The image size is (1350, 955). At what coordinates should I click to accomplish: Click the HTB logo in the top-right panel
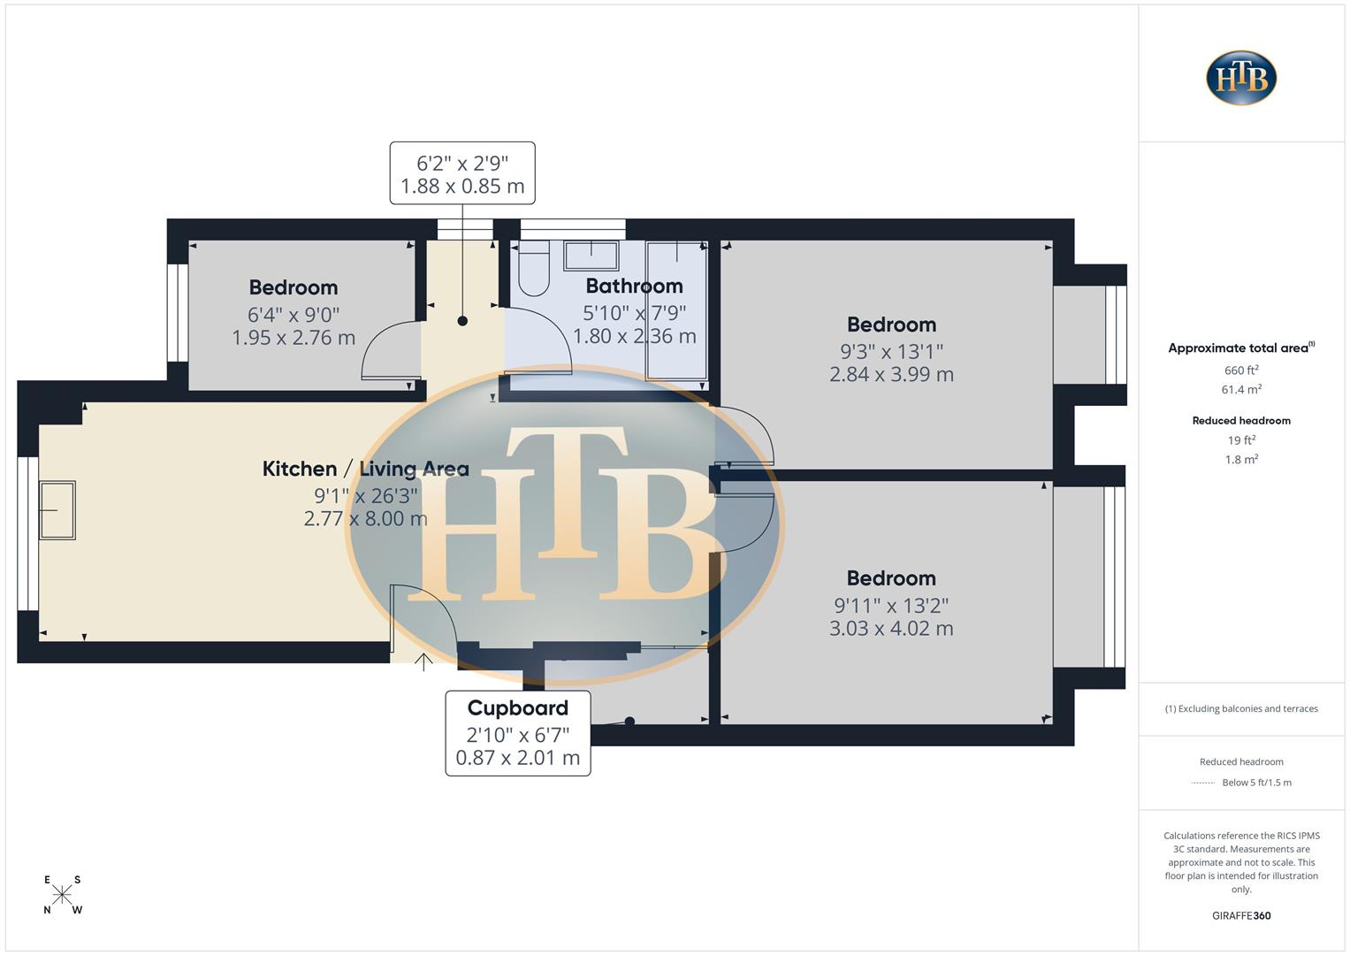pyautogui.click(x=1241, y=78)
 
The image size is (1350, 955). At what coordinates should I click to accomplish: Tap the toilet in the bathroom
pyautogui.click(x=533, y=271)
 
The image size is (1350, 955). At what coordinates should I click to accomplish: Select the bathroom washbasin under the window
pyautogui.click(x=591, y=256)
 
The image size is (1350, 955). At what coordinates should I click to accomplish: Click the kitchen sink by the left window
pyautogui.click(x=57, y=510)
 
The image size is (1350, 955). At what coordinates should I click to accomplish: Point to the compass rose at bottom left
pyautogui.click(x=62, y=894)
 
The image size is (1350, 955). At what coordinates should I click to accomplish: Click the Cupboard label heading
pyautogui.click(x=517, y=708)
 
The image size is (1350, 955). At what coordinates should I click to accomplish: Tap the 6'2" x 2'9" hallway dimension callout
pyautogui.click(x=462, y=174)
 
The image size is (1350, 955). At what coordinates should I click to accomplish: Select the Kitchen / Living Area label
pyautogui.click(x=365, y=469)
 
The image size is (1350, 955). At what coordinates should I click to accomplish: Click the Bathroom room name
pyautogui.click(x=634, y=286)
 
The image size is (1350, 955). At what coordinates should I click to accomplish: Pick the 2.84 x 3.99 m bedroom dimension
pyautogui.click(x=891, y=374)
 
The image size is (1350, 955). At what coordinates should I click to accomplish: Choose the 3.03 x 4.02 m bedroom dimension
pyautogui.click(x=891, y=629)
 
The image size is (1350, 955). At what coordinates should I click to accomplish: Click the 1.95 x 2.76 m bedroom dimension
pyautogui.click(x=294, y=338)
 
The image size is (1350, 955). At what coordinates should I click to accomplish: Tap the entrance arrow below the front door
pyautogui.click(x=423, y=661)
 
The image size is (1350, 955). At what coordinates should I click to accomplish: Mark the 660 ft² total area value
pyautogui.click(x=1241, y=371)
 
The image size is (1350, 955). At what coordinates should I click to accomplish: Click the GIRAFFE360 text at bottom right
pyautogui.click(x=1241, y=916)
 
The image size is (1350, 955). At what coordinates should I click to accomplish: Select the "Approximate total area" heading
pyautogui.click(x=1240, y=348)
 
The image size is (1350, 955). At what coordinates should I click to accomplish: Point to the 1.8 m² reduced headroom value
pyautogui.click(x=1241, y=460)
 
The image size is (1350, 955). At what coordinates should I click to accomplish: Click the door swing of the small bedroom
pyautogui.click(x=386, y=350)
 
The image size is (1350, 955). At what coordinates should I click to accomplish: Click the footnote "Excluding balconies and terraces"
pyautogui.click(x=1241, y=709)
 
